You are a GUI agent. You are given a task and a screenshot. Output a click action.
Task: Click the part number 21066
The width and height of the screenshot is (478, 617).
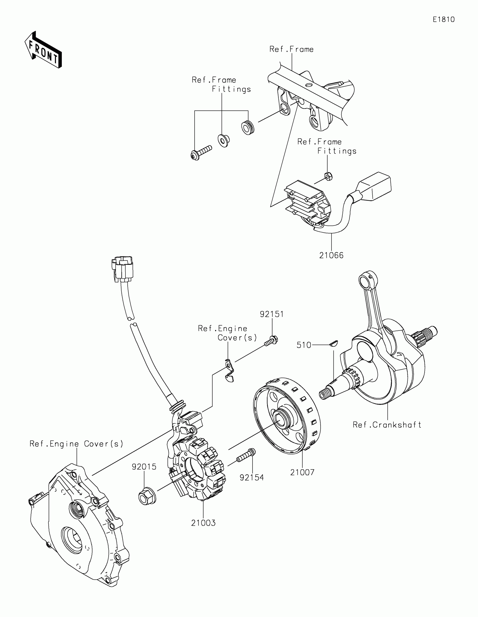[x=331, y=255]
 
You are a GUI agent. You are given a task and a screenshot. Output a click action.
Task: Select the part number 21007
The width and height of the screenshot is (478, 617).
[x=302, y=472]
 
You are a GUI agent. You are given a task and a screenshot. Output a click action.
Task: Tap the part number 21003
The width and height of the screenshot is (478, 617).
[x=203, y=523]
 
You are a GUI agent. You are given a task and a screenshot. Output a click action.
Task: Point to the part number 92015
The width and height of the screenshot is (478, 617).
[x=144, y=467]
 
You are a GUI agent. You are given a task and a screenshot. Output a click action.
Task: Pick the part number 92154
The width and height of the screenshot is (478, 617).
[x=252, y=477]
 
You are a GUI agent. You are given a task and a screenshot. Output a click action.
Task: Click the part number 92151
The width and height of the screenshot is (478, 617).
[x=272, y=314]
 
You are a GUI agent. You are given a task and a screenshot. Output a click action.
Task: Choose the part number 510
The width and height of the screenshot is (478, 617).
[x=304, y=345]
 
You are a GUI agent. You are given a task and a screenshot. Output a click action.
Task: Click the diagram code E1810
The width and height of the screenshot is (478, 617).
[x=443, y=19]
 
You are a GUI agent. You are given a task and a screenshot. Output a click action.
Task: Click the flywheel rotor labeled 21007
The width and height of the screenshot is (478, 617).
[x=286, y=416]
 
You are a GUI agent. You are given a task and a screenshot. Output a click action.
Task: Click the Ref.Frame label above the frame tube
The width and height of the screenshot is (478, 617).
[x=291, y=49]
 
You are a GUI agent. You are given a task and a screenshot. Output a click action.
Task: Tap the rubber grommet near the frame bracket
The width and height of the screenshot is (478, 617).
[x=248, y=127]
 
